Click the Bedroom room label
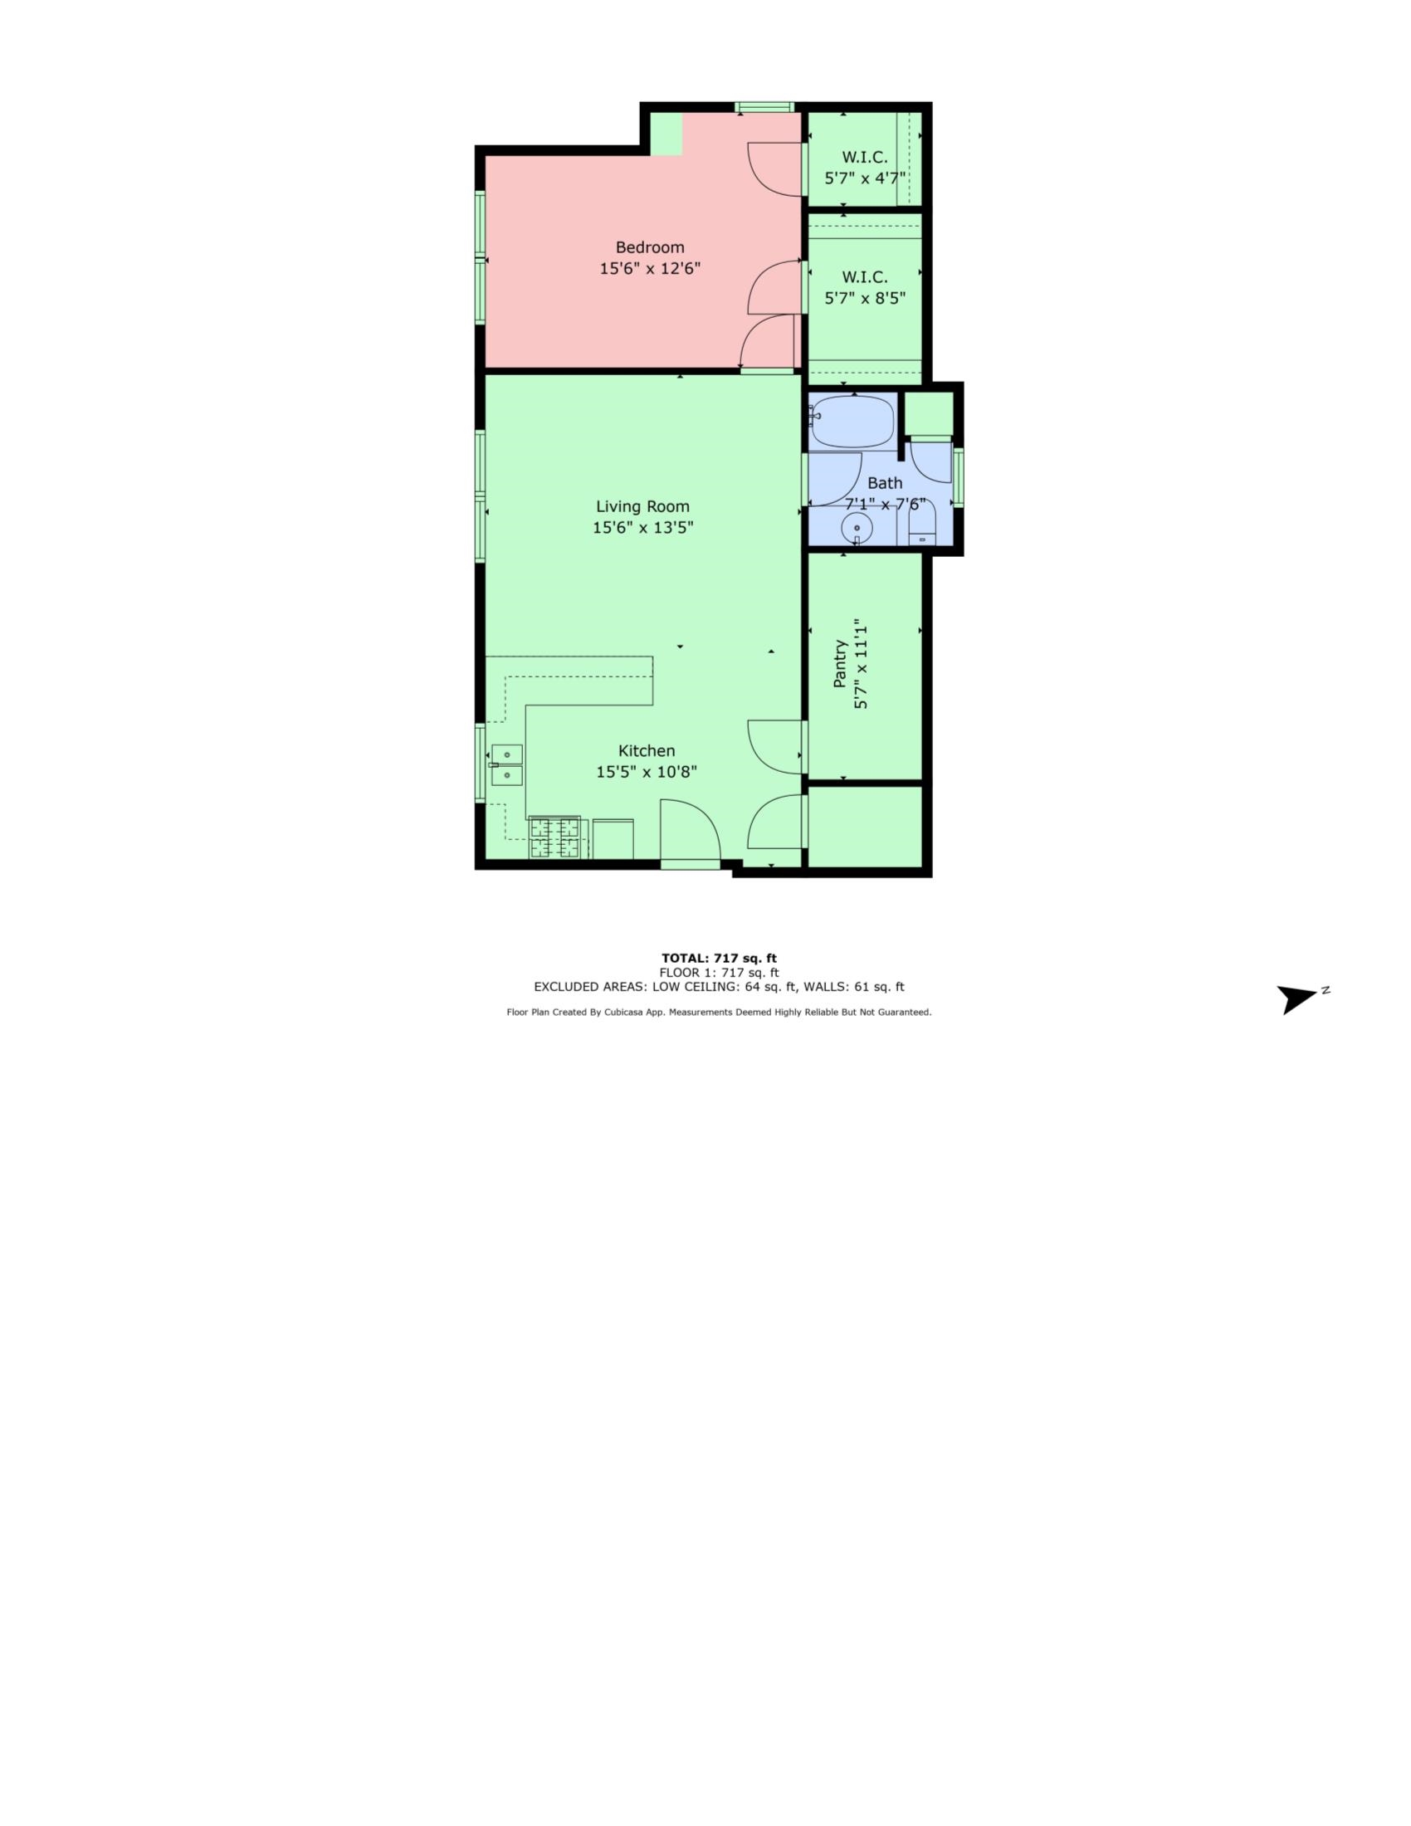point(650,247)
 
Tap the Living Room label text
point(642,506)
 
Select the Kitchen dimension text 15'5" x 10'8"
point(646,772)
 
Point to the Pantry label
point(840,665)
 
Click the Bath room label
point(885,483)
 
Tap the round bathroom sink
point(857,529)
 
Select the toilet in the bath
point(922,526)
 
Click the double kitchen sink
point(506,765)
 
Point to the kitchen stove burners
point(554,837)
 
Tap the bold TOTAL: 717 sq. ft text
point(719,958)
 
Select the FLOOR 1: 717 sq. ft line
point(719,973)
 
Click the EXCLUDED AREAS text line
point(719,987)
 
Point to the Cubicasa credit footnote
point(719,1012)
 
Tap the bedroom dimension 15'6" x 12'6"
point(650,269)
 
